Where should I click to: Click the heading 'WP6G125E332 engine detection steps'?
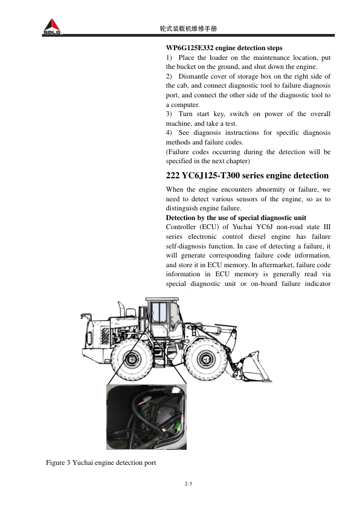tap(223, 47)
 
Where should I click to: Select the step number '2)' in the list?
tap(170, 76)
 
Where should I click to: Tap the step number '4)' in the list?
tap(170, 132)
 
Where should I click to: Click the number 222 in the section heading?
tap(174, 175)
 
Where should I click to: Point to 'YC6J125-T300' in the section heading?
tap(214, 175)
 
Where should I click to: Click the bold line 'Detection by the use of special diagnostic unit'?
tap(236, 217)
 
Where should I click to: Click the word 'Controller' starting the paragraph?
tap(181, 227)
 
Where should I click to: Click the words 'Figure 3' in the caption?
tap(58, 462)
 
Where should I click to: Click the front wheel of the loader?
tap(206, 361)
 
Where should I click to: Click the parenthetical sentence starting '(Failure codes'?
tap(248, 157)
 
